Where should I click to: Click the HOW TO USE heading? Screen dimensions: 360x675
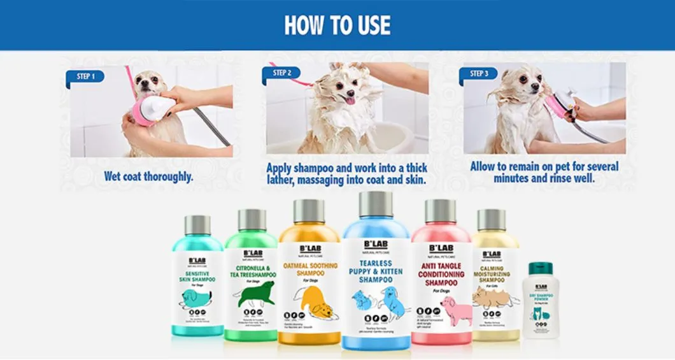click(337, 25)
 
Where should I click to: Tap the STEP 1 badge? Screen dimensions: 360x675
click(85, 76)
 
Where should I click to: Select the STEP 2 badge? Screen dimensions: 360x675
click(281, 73)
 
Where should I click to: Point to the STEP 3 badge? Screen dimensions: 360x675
click(478, 74)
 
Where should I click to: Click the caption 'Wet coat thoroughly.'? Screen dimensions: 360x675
click(148, 176)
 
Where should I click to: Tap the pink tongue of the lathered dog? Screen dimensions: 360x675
click(350, 100)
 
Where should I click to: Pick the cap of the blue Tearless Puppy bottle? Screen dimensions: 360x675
click(376, 205)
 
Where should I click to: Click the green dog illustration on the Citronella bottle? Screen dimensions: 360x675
click(255, 294)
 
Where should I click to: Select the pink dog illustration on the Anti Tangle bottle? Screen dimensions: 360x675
click(456, 309)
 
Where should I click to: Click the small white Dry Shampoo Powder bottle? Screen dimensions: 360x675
click(540, 300)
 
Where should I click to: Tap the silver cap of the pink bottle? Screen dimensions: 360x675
click(440, 211)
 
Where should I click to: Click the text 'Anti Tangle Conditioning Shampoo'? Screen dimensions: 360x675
click(441, 274)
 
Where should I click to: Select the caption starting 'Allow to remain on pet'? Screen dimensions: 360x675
click(544, 172)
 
